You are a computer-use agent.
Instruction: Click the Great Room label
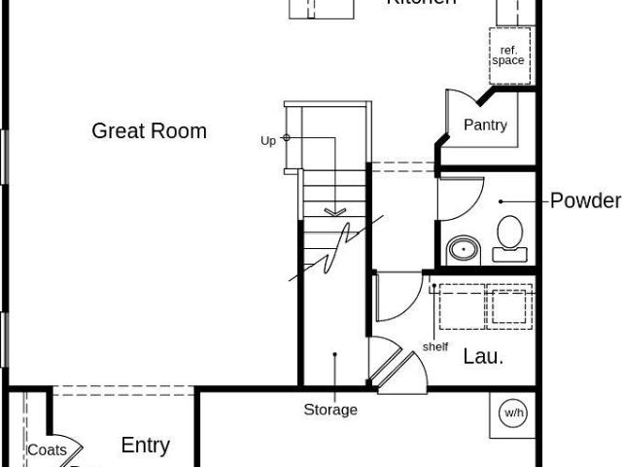pyautogui.click(x=149, y=131)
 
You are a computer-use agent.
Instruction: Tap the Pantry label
pyautogui.click(x=485, y=126)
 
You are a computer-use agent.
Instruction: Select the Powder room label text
pyautogui.click(x=585, y=201)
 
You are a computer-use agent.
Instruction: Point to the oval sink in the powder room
pyautogui.click(x=465, y=250)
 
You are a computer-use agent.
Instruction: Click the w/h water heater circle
pyautogui.click(x=513, y=413)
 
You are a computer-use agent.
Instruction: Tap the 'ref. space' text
pyautogui.click(x=507, y=54)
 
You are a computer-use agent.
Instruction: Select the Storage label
pyautogui.click(x=330, y=410)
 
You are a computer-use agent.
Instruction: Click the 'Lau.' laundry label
pyautogui.click(x=483, y=356)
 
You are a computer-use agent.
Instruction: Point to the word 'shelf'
pyautogui.click(x=435, y=347)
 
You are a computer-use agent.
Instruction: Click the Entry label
pyautogui.click(x=145, y=446)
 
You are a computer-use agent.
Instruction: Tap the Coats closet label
pyautogui.click(x=47, y=449)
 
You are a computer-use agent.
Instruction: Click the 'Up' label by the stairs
pyautogui.click(x=268, y=140)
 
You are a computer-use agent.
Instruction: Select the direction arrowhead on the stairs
pyautogui.click(x=334, y=210)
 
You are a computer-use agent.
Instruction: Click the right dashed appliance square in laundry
pyautogui.click(x=510, y=306)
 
